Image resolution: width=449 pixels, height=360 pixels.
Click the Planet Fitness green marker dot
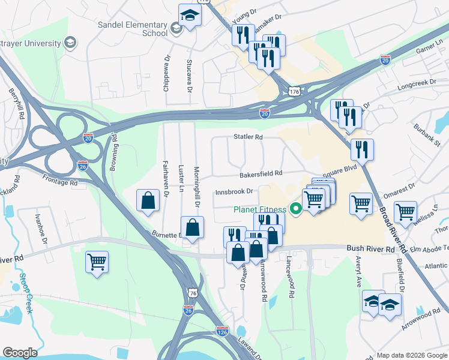295,209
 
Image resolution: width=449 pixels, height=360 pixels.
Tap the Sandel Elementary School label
133,29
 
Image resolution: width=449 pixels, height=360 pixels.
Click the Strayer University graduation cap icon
70,43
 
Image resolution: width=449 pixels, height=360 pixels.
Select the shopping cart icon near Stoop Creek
97,262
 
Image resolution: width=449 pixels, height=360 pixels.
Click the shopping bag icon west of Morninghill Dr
148,201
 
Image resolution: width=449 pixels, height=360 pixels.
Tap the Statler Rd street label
248,137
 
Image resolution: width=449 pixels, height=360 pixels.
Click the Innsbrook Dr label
234,192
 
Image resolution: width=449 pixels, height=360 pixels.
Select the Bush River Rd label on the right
370,248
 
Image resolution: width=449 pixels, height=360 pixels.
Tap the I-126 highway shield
222,331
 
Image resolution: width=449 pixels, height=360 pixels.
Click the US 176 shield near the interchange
293,91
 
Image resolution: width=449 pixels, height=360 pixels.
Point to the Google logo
20,353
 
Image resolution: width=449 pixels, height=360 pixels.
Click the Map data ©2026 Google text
411,355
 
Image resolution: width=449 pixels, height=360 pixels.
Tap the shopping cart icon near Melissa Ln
406,211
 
